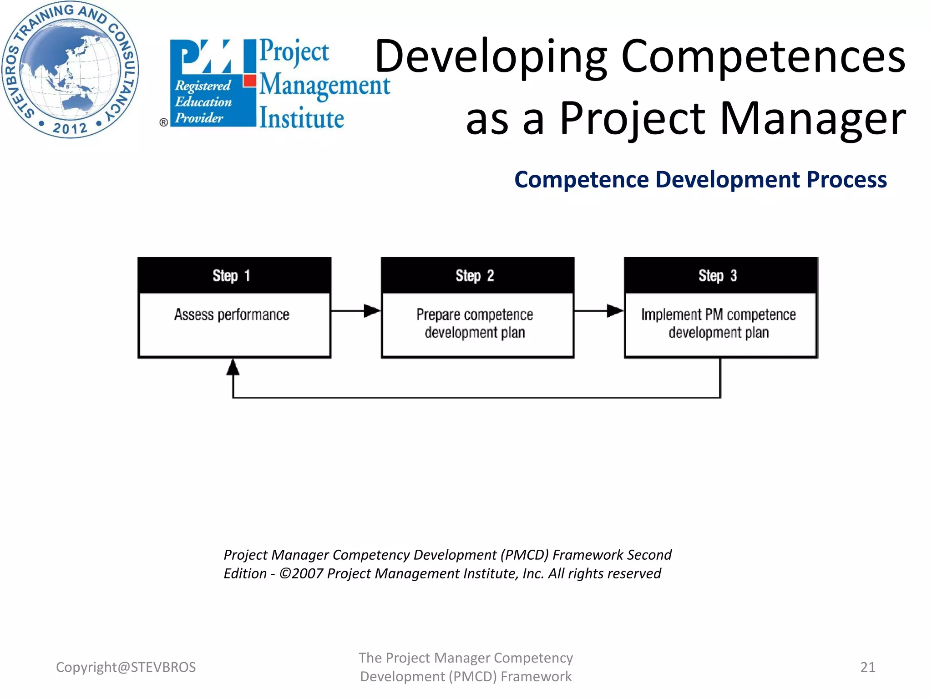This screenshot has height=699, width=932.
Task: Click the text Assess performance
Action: pos(232,315)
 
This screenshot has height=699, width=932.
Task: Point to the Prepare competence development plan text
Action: pos(475,324)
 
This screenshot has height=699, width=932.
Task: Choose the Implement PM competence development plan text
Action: pos(719,324)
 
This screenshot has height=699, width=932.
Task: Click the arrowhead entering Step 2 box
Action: pos(372,311)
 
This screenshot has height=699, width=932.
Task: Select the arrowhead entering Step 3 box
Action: pos(615,311)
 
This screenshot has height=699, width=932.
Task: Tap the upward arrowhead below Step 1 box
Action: pos(233,367)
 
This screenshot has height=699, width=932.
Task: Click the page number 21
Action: pos(867,667)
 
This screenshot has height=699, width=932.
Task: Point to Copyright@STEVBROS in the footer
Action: pos(126,667)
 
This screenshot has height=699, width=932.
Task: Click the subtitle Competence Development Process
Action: pos(700,179)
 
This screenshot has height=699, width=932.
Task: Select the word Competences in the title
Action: pos(763,56)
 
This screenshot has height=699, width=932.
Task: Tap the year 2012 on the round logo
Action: pos(70,128)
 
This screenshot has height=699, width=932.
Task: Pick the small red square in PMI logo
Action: pos(249,81)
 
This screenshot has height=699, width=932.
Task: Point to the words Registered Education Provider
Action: pos(203,102)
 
